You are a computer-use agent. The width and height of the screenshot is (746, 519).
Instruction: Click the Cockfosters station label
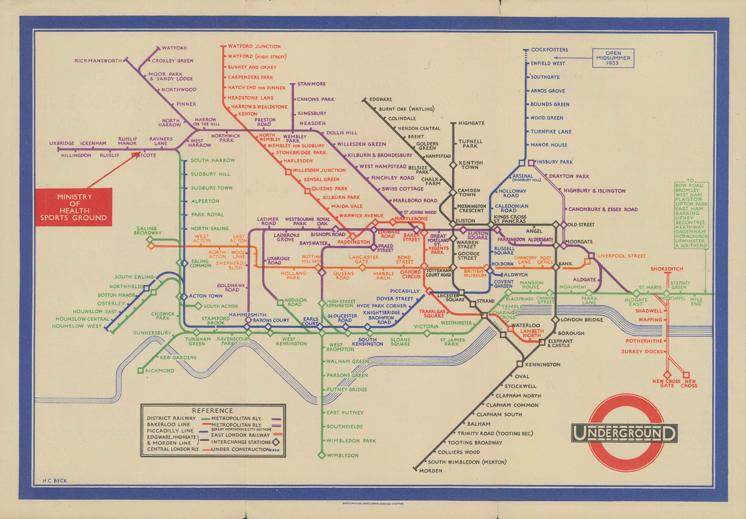tap(549, 50)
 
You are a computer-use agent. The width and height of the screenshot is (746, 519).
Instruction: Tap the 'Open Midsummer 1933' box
tap(613, 58)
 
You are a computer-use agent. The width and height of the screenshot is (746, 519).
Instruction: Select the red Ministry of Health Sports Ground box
tap(74, 207)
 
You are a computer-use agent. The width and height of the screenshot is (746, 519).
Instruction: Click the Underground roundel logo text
tap(624, 433)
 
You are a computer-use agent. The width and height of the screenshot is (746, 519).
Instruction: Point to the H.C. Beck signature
tap(55, 481)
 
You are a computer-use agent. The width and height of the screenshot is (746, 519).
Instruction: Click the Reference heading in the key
tap(212, 411)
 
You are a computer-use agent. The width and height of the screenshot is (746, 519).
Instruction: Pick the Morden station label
tap(430, 471)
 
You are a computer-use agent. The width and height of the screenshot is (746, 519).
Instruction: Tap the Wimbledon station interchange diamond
tap(321, 455)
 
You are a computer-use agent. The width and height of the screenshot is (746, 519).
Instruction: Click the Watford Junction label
tap(254, 47)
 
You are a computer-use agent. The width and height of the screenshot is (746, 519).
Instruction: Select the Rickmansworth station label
tap(98, 61)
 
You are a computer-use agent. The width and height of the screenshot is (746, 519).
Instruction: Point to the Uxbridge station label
tap(62, 144)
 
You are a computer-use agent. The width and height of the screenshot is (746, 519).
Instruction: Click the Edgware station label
tap(380, 99)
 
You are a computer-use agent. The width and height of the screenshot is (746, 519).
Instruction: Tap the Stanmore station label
tap(311, 84)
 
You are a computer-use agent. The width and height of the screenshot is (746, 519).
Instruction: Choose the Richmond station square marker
tap(140, 371)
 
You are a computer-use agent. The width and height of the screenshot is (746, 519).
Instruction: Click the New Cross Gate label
tap(667, 383)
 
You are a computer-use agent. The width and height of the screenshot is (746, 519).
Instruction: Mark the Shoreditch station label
tap(666, 269)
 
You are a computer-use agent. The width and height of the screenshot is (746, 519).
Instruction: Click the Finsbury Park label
tap(553, 162)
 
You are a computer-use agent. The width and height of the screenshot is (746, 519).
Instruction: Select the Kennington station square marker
tap(519, 364)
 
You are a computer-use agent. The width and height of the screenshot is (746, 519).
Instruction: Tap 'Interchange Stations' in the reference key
tap(241, 442)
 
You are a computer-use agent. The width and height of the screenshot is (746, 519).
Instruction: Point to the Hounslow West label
tap(76, 326)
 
